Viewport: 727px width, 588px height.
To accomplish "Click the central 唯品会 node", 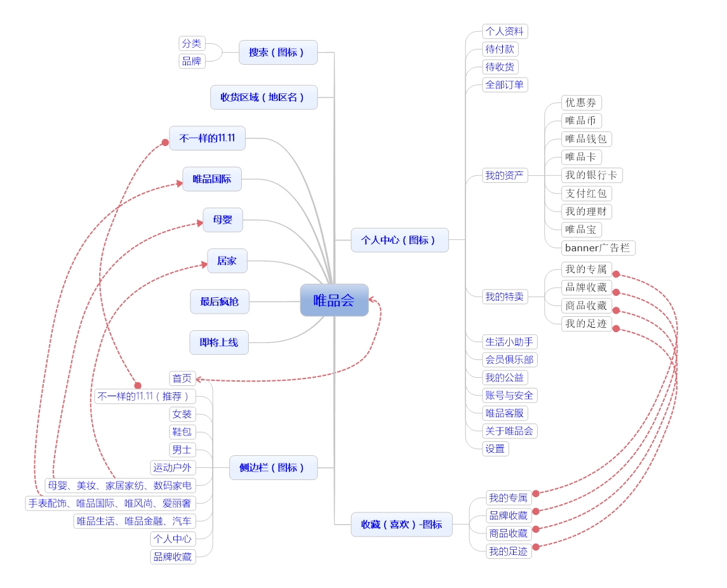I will pos(334,300).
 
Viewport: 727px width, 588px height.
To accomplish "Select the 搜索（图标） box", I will pos(277,52).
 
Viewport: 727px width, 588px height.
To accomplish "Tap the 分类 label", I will pos(192,43).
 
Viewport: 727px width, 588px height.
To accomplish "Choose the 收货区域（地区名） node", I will pos(263,97).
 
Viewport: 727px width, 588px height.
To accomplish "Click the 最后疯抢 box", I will pos(219,302).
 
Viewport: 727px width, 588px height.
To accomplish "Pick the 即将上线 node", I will pos(218,342).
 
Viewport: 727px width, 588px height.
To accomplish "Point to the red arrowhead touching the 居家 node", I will pos(204,265).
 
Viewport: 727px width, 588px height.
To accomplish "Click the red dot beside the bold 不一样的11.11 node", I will pos(165,142).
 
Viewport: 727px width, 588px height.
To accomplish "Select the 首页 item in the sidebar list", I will pos(182,378).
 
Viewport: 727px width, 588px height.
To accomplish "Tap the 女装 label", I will pos(182,414).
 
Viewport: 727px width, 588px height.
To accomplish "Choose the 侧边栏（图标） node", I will pos(273,467).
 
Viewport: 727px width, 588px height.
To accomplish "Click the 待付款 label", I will pos(500,49).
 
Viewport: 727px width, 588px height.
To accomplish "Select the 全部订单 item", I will pos(505,84).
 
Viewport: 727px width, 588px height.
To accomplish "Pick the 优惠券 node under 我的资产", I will pos(581,103).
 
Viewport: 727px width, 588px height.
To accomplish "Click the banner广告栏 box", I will pos(597,248).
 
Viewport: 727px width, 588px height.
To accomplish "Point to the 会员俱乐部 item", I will pos(509,359).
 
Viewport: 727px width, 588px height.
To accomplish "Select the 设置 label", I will pos(495,448).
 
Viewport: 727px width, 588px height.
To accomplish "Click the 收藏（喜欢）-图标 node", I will pos(401,525).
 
